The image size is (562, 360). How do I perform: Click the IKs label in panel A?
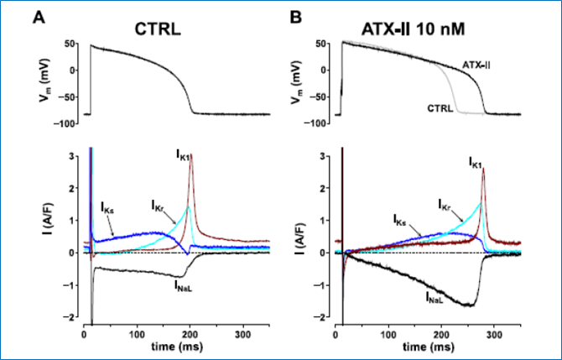107,206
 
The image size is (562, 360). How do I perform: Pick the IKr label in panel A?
157,204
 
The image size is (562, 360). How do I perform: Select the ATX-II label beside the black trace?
476,65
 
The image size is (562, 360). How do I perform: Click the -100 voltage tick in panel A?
66,124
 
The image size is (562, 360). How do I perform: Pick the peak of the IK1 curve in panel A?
191,165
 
